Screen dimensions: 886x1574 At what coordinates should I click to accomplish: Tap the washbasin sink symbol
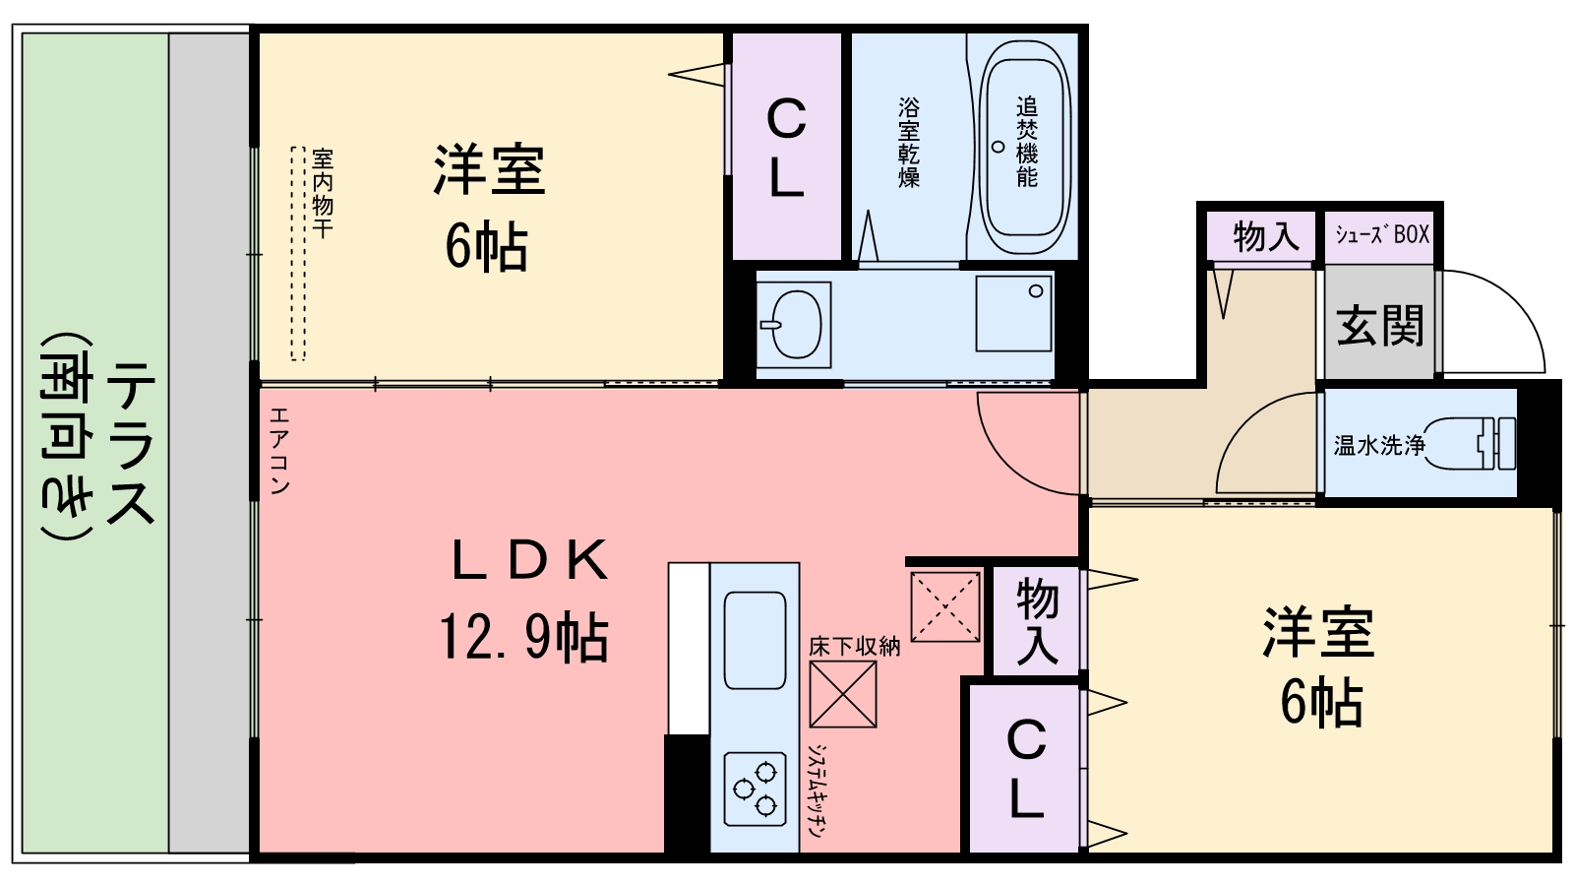coord(795,321)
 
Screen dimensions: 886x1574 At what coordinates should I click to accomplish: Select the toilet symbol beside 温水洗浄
coord(1471,443)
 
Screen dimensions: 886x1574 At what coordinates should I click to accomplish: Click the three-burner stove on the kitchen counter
coord(755,789)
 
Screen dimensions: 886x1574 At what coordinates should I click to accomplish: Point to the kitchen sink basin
coord(755,640)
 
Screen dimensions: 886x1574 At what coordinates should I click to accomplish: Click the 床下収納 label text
coord(854,646)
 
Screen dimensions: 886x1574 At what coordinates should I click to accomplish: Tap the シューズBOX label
coord(1381,234)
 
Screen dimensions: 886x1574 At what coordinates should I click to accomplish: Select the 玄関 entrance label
coord(1379,324)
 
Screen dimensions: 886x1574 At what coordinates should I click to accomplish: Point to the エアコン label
coord(278,450)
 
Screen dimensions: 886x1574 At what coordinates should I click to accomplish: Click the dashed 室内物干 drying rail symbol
coord(298,253)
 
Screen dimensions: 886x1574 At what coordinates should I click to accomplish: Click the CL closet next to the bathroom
coord(786,148)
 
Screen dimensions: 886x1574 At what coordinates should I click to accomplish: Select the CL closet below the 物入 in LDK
coord(1026,769)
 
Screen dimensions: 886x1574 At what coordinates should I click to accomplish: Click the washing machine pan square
coord(1013,313)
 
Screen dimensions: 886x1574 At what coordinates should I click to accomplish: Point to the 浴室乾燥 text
coord(908,142)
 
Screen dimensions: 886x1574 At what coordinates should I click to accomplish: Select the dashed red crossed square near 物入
coord(945,606)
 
